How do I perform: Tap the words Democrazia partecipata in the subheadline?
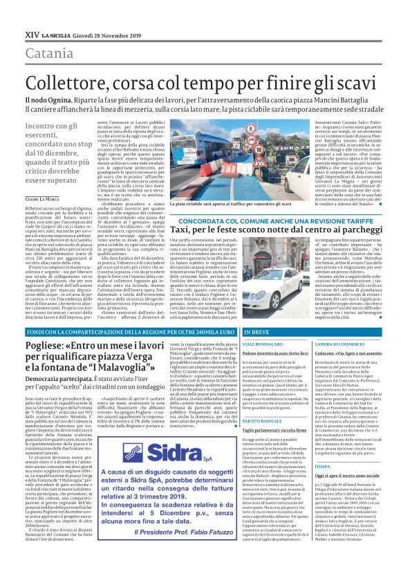(x=55, y=400)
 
